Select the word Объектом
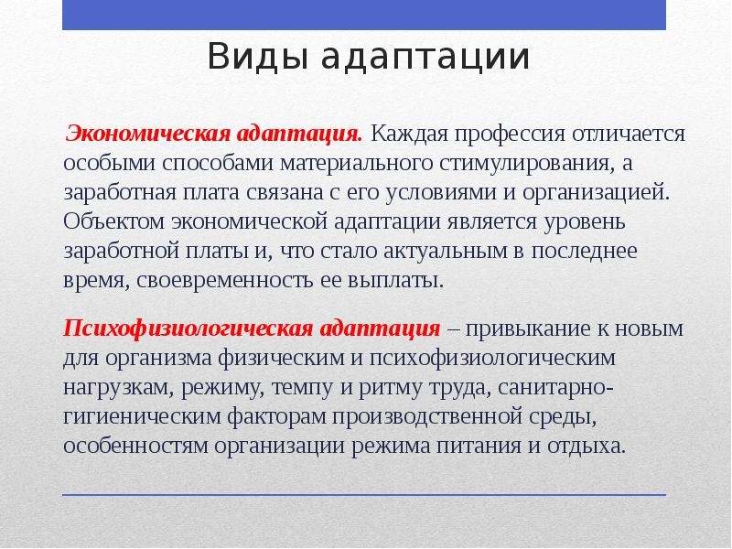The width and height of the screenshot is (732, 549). click(112, 221)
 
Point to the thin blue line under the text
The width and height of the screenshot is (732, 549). click(365, 495)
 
